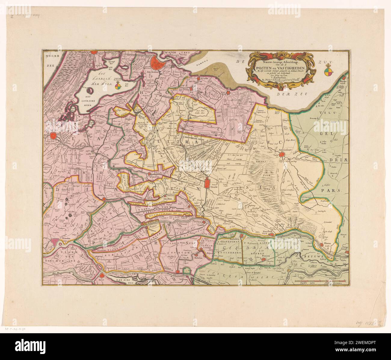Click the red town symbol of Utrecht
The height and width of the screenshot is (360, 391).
coord(207,183)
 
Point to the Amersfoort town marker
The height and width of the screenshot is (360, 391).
coord(282,155)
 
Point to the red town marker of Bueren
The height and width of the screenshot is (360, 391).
coord(264,259)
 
